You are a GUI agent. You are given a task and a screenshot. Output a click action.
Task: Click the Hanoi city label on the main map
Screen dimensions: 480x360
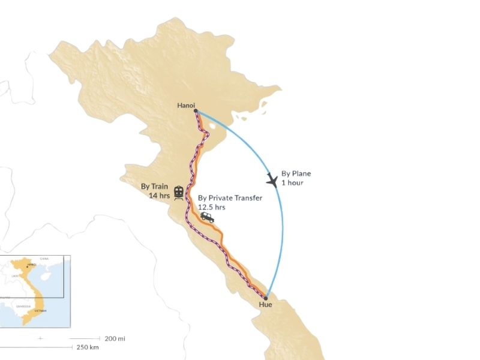pos(185,106)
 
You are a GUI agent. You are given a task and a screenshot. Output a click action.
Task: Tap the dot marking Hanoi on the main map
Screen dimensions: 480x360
pos(196,110)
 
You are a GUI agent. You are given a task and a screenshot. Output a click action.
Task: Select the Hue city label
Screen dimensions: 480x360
pos(266,305)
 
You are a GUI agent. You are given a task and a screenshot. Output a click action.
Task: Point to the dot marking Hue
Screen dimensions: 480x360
pos(266,297)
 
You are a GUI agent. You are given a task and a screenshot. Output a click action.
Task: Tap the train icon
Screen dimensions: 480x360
pos(178,192)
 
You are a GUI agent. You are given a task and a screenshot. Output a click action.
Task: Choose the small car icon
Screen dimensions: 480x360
pos(207,217)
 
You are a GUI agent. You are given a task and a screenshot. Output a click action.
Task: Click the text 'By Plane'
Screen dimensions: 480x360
pos(296,174)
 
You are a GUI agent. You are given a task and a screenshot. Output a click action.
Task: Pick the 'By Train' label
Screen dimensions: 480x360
pos(154,187)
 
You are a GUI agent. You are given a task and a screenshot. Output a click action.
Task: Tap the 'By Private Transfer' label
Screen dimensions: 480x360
pos(230,198)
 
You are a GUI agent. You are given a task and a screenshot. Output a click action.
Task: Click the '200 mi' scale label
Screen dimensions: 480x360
pos(115,338)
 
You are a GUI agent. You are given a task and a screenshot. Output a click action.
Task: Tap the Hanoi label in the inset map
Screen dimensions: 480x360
pos(31,264)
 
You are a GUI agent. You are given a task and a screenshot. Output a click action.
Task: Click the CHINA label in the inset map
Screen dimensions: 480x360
pos(44,259)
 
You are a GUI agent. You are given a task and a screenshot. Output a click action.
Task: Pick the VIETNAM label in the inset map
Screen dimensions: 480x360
pos(40,311)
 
